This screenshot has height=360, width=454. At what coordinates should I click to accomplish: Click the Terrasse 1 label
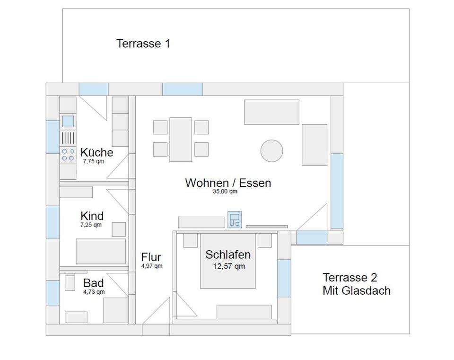tap(143, 44)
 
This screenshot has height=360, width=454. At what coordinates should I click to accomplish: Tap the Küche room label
tap(96, 152)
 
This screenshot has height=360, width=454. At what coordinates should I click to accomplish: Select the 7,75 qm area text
tap(93, 161)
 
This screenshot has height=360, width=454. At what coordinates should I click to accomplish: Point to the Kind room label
tap(92, 216)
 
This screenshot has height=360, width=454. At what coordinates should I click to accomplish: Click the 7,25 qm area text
tap(91, 225)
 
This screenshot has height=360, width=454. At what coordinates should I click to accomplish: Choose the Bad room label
tap(93, 283)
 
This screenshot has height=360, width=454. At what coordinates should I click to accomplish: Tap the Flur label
tap(151, 257)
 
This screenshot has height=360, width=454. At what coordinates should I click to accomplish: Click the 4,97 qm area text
tap(151, 266)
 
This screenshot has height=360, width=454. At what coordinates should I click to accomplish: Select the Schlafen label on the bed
tap(228, 255)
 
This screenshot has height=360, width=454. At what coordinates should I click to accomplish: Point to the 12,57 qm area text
tap(229, 266)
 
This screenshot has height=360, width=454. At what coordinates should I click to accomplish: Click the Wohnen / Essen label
tap(228, 183)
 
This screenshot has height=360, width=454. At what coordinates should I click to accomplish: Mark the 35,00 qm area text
tap(225, 192)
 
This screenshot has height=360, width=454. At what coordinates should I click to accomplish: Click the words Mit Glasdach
tap(357, 290)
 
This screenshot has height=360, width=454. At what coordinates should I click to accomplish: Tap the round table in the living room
tap(271, 151)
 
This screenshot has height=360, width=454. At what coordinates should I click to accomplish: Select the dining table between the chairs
tap(181, 140)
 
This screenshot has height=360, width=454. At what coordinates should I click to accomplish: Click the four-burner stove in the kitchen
tap(68, 155)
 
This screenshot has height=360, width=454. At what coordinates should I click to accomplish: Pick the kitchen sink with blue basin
tap(68, 122)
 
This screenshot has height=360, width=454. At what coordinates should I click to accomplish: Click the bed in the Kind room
tap(101, 251)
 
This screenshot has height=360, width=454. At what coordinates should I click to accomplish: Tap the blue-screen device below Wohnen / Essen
tap(235, 220)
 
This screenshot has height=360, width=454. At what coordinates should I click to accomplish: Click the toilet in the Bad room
tap(70, 282)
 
